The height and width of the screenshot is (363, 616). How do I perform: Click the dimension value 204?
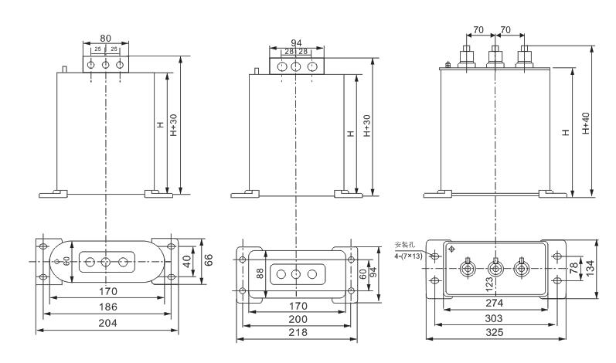pos(107,324)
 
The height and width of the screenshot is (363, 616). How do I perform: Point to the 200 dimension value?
pos(296,318)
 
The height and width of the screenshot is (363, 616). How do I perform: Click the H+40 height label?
pos(586,124)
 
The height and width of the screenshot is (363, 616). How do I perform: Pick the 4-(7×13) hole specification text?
pos(408,256)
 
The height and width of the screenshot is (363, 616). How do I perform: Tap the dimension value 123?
pos(488,285)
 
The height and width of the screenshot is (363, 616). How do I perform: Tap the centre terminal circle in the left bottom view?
pos(105,262)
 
